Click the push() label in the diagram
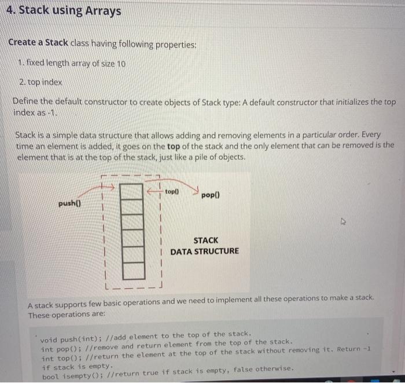[x=70, y=204]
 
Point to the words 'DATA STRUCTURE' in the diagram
[x=204, y=251]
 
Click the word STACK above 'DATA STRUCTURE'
[x=205, y=240]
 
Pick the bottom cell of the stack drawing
[x=133, y=270]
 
